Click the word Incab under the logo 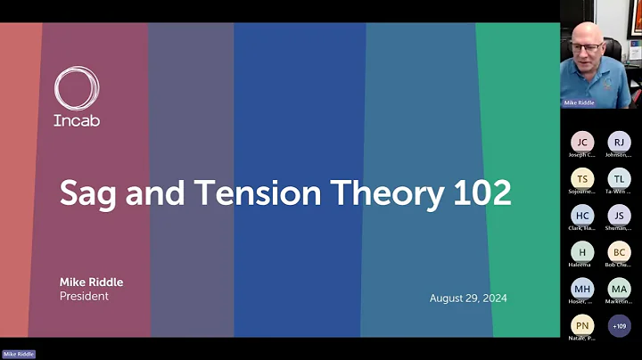click(x=77, y=120)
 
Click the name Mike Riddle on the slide click(x=91, y=282)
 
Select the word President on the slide click(x=84, y=296)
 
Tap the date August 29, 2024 click(x=468, y=298)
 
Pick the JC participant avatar click(x=582, y=143)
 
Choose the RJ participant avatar click(x=619, y=143)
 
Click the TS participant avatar click(x=582, y=179)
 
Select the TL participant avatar click(x=619, y=179)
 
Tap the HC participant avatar click(x=582, y=216)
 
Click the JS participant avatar click(x=619, y=216)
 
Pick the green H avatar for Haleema click(x=582, y=252)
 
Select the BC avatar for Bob click(x=619, y=252)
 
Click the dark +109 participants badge click(x=619, y=326)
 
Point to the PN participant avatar click(x=582, y=326)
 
